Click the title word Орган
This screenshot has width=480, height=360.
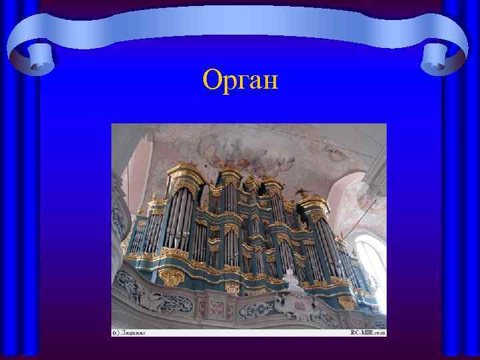[240, 81]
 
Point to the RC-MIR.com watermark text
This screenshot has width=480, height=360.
[366, 331]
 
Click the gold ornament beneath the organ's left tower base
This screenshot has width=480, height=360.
[171, 277]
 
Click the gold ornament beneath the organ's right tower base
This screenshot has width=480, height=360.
[347, 301]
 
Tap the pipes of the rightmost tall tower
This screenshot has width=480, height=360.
[327, 247]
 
